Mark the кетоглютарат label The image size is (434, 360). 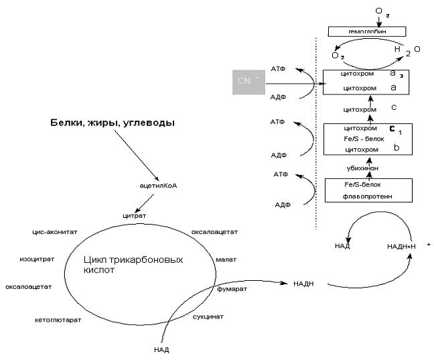58,320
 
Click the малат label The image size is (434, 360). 224,257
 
